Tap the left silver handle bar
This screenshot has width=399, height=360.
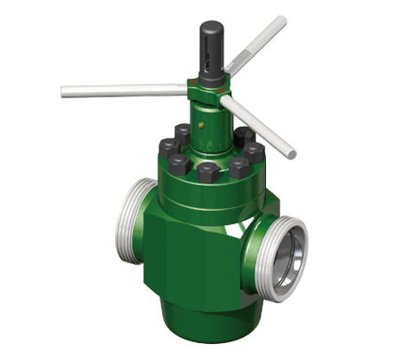[x=124, y=90]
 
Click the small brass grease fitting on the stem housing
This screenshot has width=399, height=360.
[x=202, y=125]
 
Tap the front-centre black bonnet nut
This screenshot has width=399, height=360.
[x=207, y=171]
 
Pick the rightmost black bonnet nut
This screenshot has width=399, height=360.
[x=254, y=152]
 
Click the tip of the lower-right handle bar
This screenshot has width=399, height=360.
[x=292, y=153]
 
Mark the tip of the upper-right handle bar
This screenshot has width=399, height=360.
[x=283, y=20]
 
